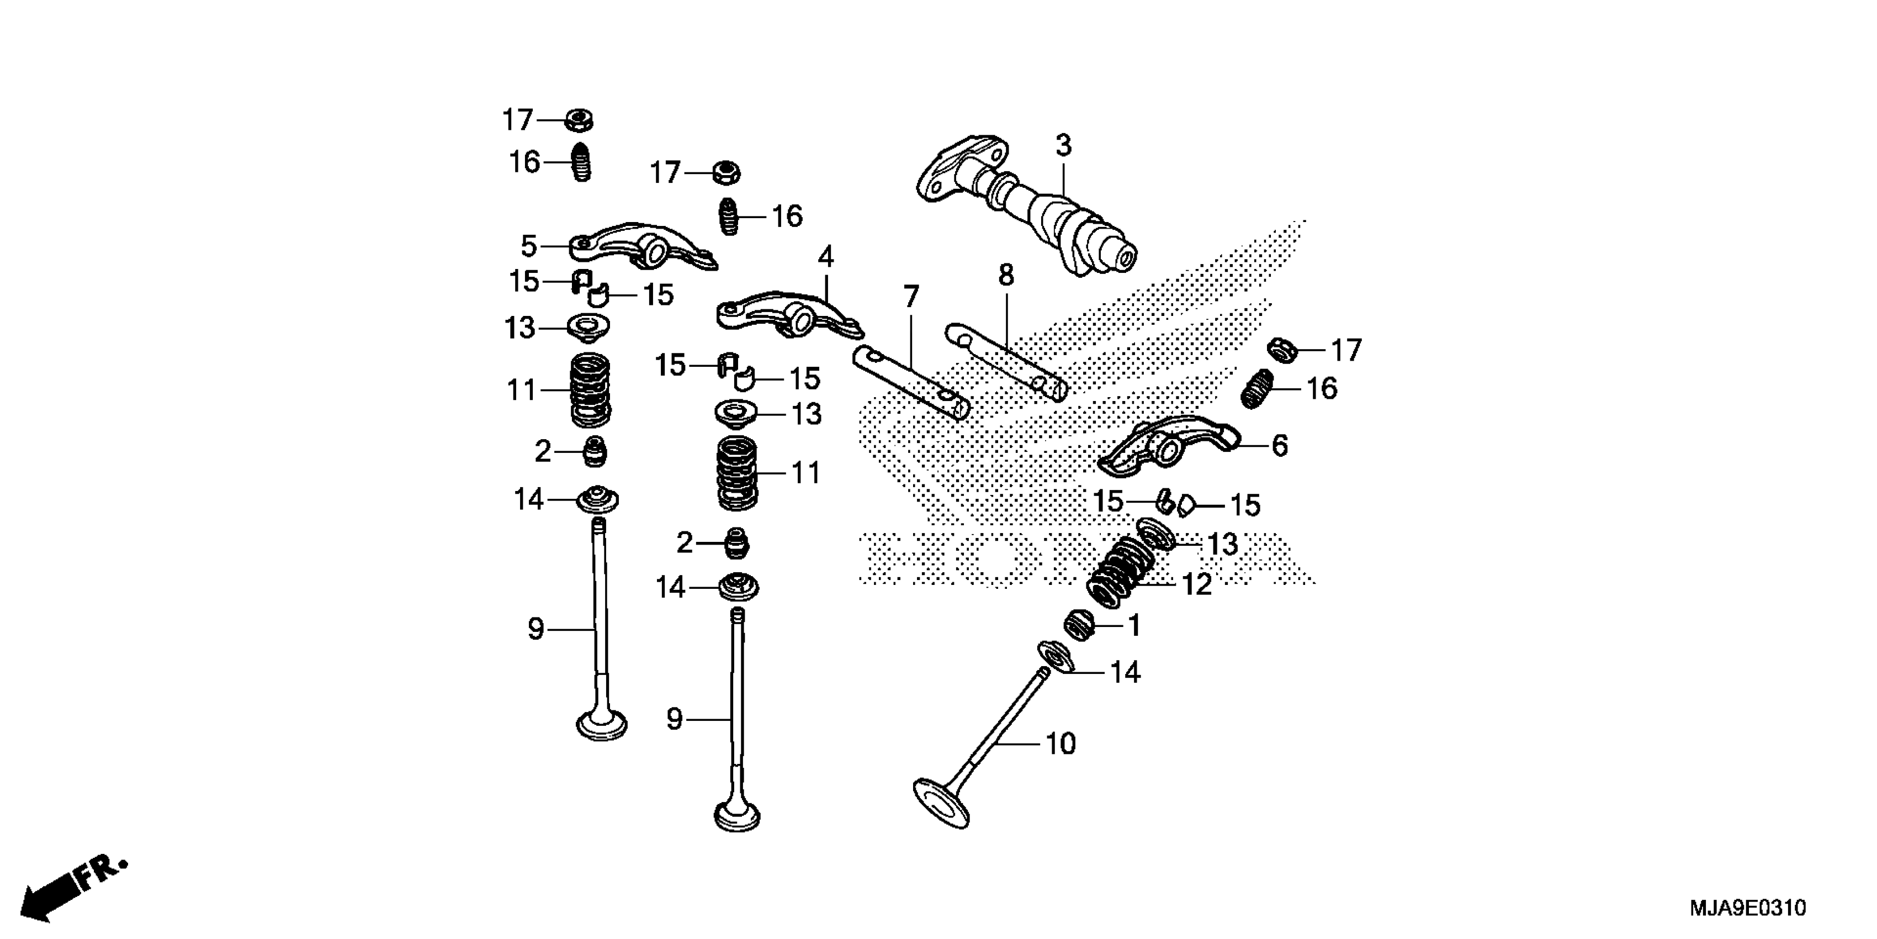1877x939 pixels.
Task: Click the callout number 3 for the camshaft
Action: coord(1064,146)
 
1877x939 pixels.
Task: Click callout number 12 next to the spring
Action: coord(1196,584)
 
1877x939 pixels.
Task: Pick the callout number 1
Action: coord(1134,625)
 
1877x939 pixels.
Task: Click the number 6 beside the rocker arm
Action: coord(1280,445)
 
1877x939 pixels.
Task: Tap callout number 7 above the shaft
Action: coord(911,297)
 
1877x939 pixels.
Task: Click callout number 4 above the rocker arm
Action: coord(825,257)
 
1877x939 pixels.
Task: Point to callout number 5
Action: coord(529,246)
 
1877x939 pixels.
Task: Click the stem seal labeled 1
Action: coord(1080,625)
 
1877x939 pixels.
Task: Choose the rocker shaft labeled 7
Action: coord(911,383)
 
